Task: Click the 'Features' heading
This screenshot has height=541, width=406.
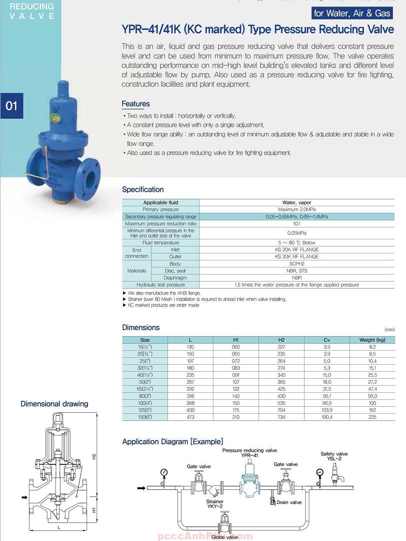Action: click(x=135, y=104)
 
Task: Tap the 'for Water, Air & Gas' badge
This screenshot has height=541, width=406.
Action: click(x=352, y=13)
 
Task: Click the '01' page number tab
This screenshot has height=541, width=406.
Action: click(x=11, y=106)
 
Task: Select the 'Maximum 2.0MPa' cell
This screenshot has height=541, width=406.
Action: click(x=296, y=209)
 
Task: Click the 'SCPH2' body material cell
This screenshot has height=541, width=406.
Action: click(x=296, y=263)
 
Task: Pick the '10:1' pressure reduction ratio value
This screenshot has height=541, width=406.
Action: click(x=296, y=223)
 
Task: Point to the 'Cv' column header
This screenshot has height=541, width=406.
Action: click(x=326, y=340)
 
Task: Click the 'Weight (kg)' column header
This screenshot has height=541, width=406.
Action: click(x=372, y=340)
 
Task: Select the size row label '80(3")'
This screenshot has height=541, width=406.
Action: click(x=144, y=396)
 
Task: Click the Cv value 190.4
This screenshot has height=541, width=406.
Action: click(x=326, y=417)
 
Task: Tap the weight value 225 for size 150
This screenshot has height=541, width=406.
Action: click(x=372, y=417)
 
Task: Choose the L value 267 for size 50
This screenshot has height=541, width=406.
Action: click(x=190, y=382)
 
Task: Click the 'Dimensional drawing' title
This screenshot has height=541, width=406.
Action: click(x=54, y=404)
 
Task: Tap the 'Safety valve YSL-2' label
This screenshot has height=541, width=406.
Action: click(x=334, y=456)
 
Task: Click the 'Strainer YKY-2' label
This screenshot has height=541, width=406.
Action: click(x=215, y=504)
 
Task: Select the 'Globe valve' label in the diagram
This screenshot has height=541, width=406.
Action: click(x=224, y=537)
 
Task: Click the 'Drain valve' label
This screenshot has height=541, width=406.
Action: click(x=289, y=502)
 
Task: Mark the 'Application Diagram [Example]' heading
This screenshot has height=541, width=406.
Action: click(x=172, y=441)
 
